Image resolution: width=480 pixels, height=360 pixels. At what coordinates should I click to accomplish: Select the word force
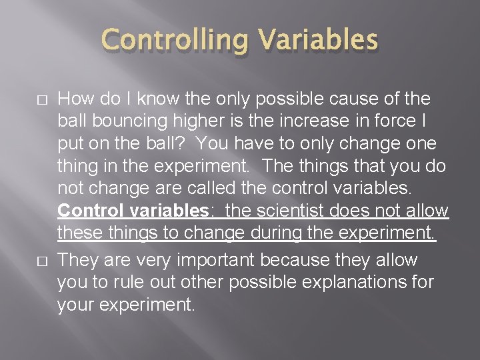tap(391, 122)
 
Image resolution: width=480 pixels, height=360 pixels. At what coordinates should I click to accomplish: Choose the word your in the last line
tap(75, 305)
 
